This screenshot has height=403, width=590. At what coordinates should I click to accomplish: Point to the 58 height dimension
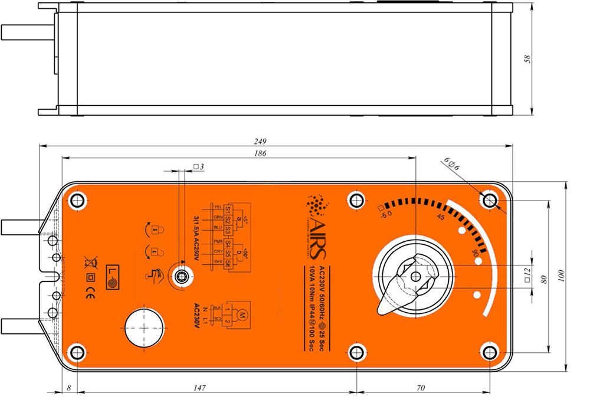point(527,59)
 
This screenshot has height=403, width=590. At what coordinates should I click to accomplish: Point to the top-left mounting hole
point(77,200)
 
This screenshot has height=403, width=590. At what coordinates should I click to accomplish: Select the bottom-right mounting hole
point(489,352)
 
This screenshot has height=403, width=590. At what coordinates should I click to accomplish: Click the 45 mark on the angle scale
point(440,217)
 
